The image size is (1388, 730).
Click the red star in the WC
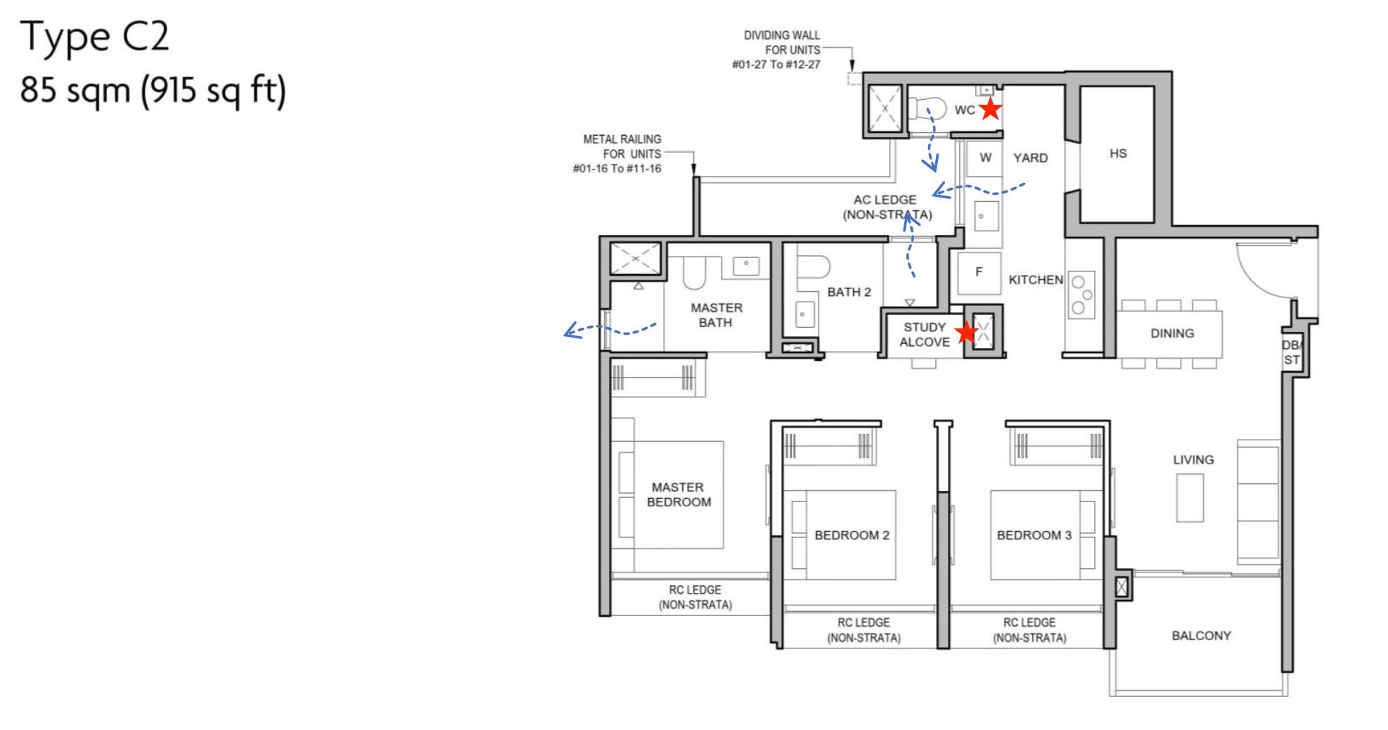990,109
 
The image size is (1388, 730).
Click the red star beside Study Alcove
967,332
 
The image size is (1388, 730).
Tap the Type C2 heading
94,37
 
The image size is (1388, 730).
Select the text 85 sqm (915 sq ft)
153,91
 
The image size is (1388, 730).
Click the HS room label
1118,153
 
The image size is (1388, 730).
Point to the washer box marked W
985,158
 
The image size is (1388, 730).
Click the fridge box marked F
979,272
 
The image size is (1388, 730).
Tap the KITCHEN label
1035,280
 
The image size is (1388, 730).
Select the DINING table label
1171,333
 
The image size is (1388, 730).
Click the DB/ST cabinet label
1292,352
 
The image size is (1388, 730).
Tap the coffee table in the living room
1190,498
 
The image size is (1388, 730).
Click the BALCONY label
1201,636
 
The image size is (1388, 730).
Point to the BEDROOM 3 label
1034,535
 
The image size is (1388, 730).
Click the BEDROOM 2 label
852,535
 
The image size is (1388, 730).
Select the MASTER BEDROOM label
679,494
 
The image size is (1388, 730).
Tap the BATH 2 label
849,292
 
